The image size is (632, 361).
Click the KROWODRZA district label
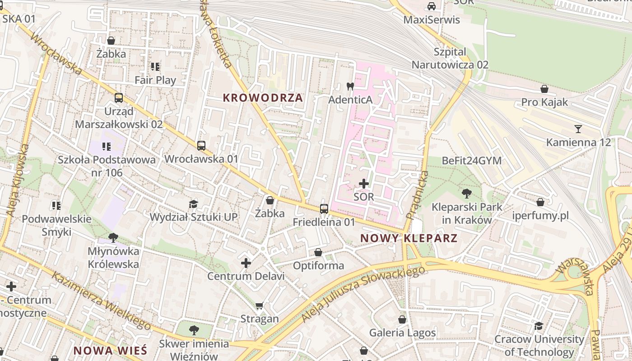click(x=263, y=98)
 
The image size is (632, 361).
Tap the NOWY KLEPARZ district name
click(x=409, y=238)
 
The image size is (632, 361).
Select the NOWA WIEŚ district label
click(x=110, y=350)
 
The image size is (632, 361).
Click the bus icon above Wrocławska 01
click(x=201, y=146)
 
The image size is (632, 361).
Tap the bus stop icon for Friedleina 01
click(x=324, y=208)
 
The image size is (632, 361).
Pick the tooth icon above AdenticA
click(x=350, y=86)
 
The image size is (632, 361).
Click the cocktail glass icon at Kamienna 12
click(x=578, y=129)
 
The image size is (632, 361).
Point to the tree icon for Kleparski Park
click(x=467, y=194)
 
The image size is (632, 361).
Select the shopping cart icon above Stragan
click(x=259, y=305)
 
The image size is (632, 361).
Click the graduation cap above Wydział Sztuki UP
click(x=193, y=204)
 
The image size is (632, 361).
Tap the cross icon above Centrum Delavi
click(x=246, y=263)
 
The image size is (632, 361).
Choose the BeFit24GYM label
click(x=472, y=161)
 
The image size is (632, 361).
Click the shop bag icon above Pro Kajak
click(x=544, y=89)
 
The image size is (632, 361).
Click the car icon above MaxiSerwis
click(x=432, y=6)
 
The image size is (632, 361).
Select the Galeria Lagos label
click(x=403, y=333)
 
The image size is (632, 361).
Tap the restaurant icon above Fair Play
click(x=155, y=67)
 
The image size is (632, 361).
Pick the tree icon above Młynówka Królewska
click(x=113, y=237)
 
